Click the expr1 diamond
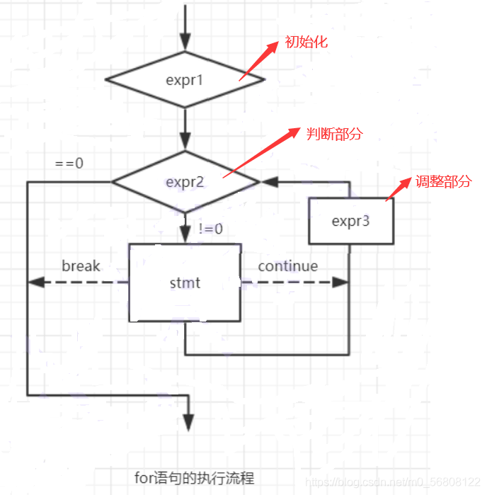coord(185,80)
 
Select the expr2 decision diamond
coord(185,182)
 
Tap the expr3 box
coord(350,221)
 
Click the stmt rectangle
coord(185,283)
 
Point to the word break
coord(81,266)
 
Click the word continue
coord(287,266)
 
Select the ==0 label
coord(69,163)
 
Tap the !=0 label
coord(210,229)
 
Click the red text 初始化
coord(306,42)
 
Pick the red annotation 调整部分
coord(443,181)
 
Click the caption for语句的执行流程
coord(194,478)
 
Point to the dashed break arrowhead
coord(34,283)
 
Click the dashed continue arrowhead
coord(343,283)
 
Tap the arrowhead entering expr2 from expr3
coord(268,182)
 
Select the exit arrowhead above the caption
coord(188,423)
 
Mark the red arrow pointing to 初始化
coord(259,60)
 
